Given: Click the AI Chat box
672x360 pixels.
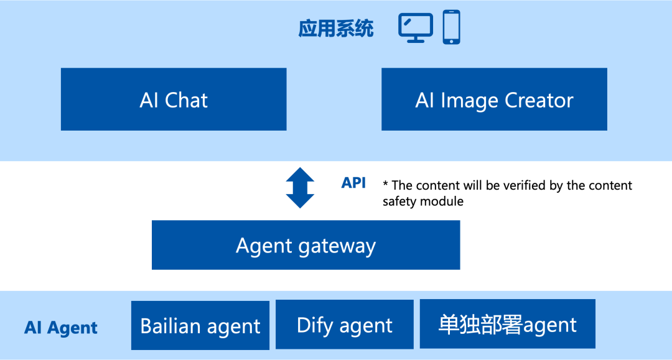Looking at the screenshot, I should click(x=174, y=99).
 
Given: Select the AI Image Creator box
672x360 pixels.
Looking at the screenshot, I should click(x=494, y=99).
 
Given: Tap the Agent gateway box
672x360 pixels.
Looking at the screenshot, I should click(x=306, y=245).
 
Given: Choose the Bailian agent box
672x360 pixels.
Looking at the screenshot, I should click(x=200, y=326).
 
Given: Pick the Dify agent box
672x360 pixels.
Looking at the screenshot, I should click(x=345, y=325).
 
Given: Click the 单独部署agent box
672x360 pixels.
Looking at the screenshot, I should click(x=507, y=324).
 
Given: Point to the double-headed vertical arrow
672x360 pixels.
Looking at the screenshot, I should click(x=300, y=187).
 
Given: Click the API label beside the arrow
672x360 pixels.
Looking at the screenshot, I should click(x=353, y=183).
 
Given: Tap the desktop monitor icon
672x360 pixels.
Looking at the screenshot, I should click(x=416, y=28).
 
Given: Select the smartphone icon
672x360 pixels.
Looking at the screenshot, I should click(x=452, y=27).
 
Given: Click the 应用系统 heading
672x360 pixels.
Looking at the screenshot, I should click(x=336, y=29).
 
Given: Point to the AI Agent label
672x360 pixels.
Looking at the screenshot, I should click(x=61, y=328).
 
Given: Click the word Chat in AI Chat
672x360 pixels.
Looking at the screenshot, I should click(x=187, y=100).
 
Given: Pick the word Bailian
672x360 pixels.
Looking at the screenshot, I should click(x=170, y=326).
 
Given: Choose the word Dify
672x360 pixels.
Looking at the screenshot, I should click(x=315, y=325).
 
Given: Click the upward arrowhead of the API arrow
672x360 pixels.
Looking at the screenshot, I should click(x=300, y=173).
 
